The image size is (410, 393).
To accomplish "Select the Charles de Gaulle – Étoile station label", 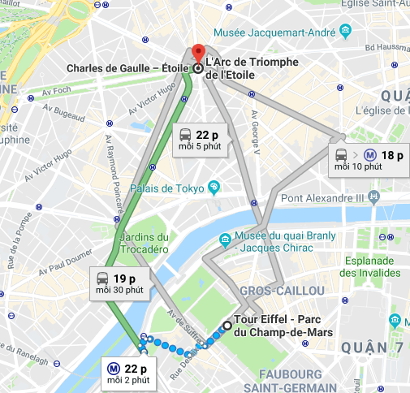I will (x=128, y=68).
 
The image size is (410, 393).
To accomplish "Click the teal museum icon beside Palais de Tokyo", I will (x=214, y=187).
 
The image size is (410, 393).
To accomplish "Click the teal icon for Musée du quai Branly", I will (x=223, y=238).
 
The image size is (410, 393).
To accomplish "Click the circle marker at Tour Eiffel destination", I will (x=227, y=328).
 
